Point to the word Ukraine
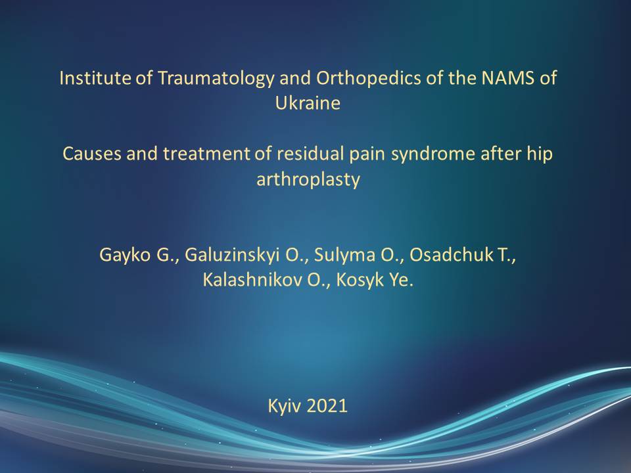(x=308, y=103)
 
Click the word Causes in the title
(x=92, y=154)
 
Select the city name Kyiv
(x=284, y=407)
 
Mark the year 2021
(x=327, y=405)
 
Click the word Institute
(x=95, y=78)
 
